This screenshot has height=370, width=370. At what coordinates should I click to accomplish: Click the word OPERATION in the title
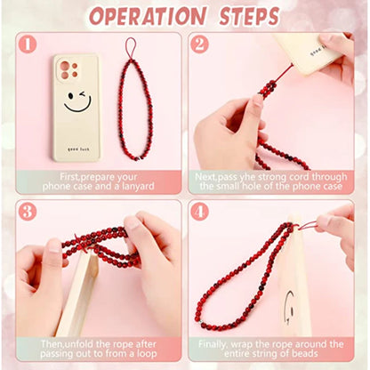149,16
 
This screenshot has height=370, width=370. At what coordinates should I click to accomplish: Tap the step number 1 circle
28,44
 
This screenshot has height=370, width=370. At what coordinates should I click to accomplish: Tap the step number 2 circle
199,44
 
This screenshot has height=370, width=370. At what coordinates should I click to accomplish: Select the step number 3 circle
28,212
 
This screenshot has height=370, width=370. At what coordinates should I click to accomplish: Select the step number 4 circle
199,212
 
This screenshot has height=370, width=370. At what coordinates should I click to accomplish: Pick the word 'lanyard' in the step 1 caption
135,187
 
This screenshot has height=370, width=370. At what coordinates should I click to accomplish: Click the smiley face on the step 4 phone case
291,307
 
